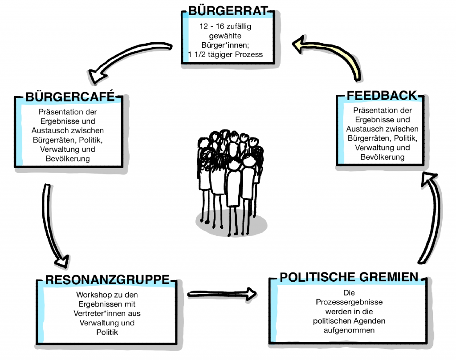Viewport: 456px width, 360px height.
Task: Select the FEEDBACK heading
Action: tap(382, 95)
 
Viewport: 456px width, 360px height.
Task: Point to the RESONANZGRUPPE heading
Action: tap(108, 279)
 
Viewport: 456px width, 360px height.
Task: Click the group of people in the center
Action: tap(228, 182)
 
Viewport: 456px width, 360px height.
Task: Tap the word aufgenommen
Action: tap(349, 330)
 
